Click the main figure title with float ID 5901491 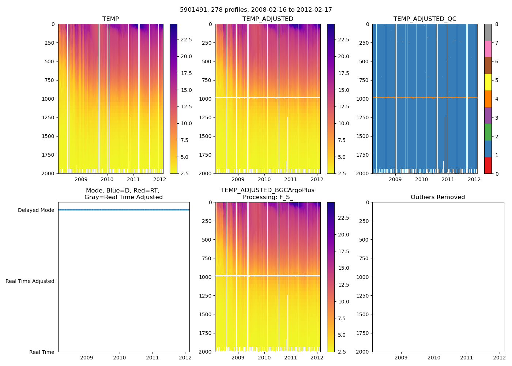[x=256, y=10]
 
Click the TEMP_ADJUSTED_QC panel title [x=425, y=19]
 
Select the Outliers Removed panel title [x=438, y=197]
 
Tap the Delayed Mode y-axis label [x=36, y=210]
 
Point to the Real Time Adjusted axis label [x=30, y=281]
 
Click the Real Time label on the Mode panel [x=42, y=352]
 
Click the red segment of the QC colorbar [x=488, y=165]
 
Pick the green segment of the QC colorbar [x=488, y=132]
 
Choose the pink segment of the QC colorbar [x=488, y=49]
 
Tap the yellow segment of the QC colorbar [x=488, y=82]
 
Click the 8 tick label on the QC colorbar [x=497, y=25]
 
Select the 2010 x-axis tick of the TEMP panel [x=107, y=179]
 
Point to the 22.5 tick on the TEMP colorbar [x=187, y=40]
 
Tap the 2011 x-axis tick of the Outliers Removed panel [x=467, y=358]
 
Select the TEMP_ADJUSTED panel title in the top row [x=268, y=19]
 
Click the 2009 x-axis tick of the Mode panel [x=87, y=358]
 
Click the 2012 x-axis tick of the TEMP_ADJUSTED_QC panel [x=474, y=179]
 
